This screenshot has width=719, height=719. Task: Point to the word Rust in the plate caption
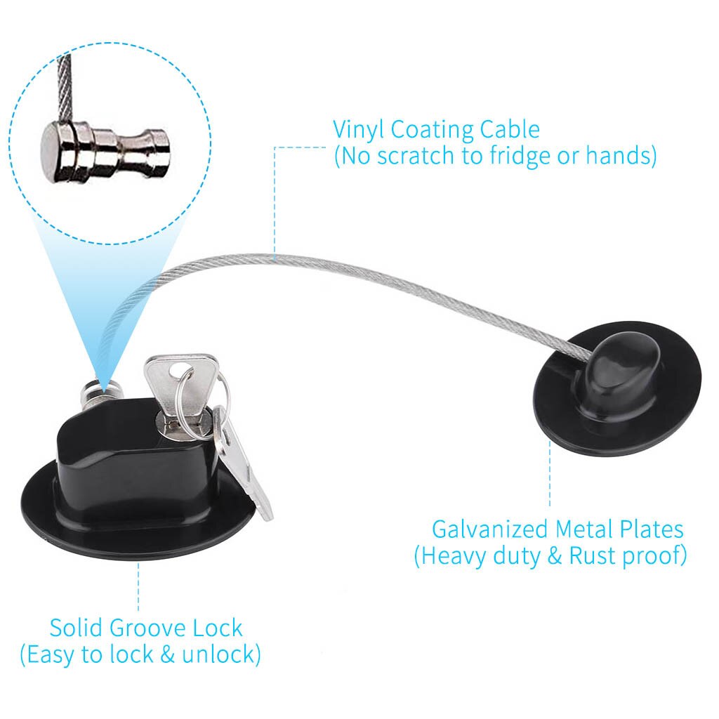tap(591, 555)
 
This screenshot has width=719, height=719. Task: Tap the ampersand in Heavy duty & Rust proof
tap(554, 556)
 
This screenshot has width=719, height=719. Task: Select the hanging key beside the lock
tap(242, 463)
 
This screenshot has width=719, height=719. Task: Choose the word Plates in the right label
tap(652, 529)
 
